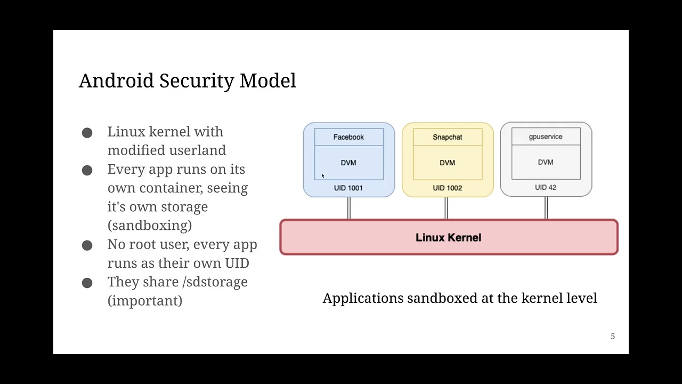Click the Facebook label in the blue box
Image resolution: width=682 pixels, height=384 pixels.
click(348, 137)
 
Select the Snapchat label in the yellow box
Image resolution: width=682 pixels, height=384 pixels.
click(447, 137)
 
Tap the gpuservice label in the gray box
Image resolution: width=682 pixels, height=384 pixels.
click(546, 137)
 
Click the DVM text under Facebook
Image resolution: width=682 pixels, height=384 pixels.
click(348, 163)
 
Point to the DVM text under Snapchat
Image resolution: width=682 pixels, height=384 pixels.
click(447, 163)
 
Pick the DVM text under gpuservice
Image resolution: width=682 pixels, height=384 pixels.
click(546, 162)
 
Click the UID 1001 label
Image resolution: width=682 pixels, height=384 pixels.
click(348, 188)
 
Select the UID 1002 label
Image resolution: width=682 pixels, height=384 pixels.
click(447, 188)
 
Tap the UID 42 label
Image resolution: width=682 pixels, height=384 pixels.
click(546, 187)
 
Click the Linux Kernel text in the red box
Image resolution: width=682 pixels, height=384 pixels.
click(448, 237)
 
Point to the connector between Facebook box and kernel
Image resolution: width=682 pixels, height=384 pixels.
click(349, 208)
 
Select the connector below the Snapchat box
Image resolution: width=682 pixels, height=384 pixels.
click(446, 208)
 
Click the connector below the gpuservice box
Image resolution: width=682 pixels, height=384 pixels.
click(546, 208)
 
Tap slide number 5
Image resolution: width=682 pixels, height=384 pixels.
click(613, 337)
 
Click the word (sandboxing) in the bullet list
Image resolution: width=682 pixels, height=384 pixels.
click(150, 225)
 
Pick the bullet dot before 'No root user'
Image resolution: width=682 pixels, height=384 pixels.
click(87, 245)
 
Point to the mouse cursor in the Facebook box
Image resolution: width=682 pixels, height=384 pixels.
click(322, 176)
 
